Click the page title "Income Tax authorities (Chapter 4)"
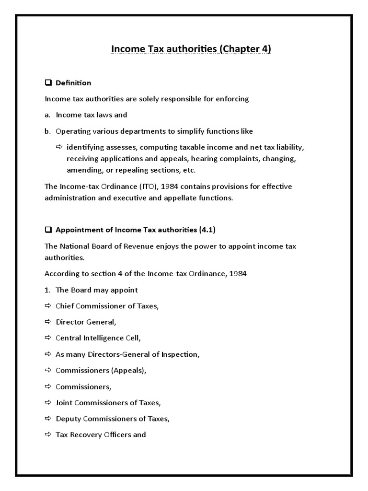point(191,49)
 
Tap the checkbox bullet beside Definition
point(48,83)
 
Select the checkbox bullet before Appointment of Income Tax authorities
point(48,230)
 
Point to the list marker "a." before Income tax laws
point(48,115)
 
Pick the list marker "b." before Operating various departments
point(48,131)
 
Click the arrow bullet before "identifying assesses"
point(59,146)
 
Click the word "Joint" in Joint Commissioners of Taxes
point(64,402)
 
